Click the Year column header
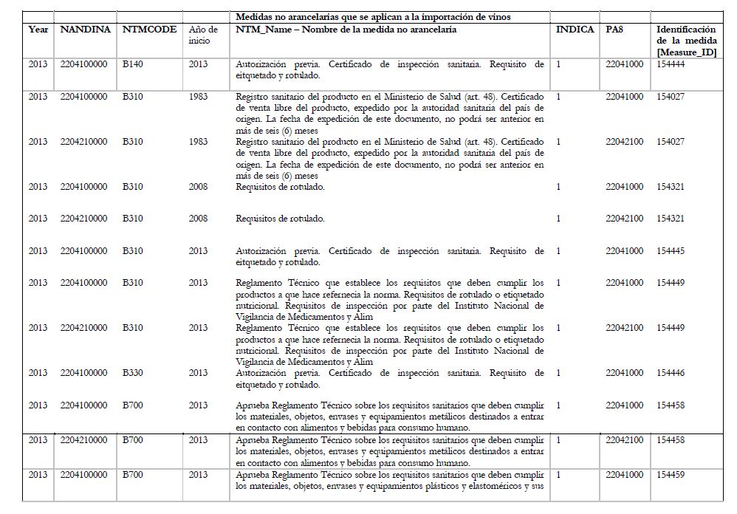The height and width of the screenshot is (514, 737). (38, 30)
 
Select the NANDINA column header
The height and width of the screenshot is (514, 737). (85, 30)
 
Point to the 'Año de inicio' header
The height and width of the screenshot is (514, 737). (203, 35)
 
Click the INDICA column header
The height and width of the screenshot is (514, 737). (575, 30)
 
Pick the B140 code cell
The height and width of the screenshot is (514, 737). (134, 65)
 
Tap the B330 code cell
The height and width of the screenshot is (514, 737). (134, 374)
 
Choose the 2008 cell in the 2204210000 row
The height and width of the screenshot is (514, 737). (199, 219)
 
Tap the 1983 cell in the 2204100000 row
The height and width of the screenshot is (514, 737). (199, 97)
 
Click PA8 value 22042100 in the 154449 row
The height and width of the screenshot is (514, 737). (624, 328)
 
